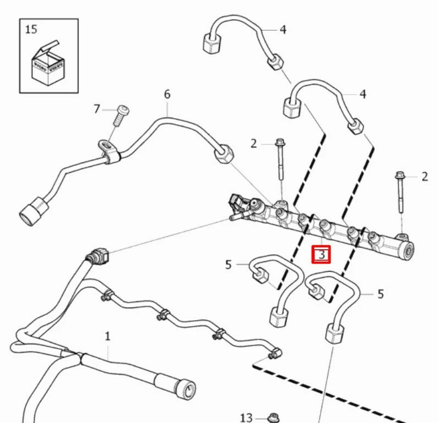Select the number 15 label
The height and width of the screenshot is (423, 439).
pyautogui.click(x=31, y=29)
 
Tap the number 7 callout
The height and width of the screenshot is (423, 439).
pyautogui.click(x=97, y=109)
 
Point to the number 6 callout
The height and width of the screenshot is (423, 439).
pyautogui.click(x=167, y=94)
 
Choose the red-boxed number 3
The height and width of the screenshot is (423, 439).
pyautogui.click(x=322, y=254)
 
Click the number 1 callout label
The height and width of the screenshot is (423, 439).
pyautogui.click(x=108, y=335)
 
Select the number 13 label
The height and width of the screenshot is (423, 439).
pyautogui.click(x=246, y=417)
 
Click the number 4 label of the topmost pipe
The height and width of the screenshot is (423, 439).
pyautogui.click(x=283, y=29)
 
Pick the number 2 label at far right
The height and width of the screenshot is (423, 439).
pyautogui.click(x=425, y=177)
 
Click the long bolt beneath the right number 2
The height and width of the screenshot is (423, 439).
pyautogui.click(x=400, y=195)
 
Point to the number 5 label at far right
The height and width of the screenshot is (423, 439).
pyautogui.click(x=381, y=294)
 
